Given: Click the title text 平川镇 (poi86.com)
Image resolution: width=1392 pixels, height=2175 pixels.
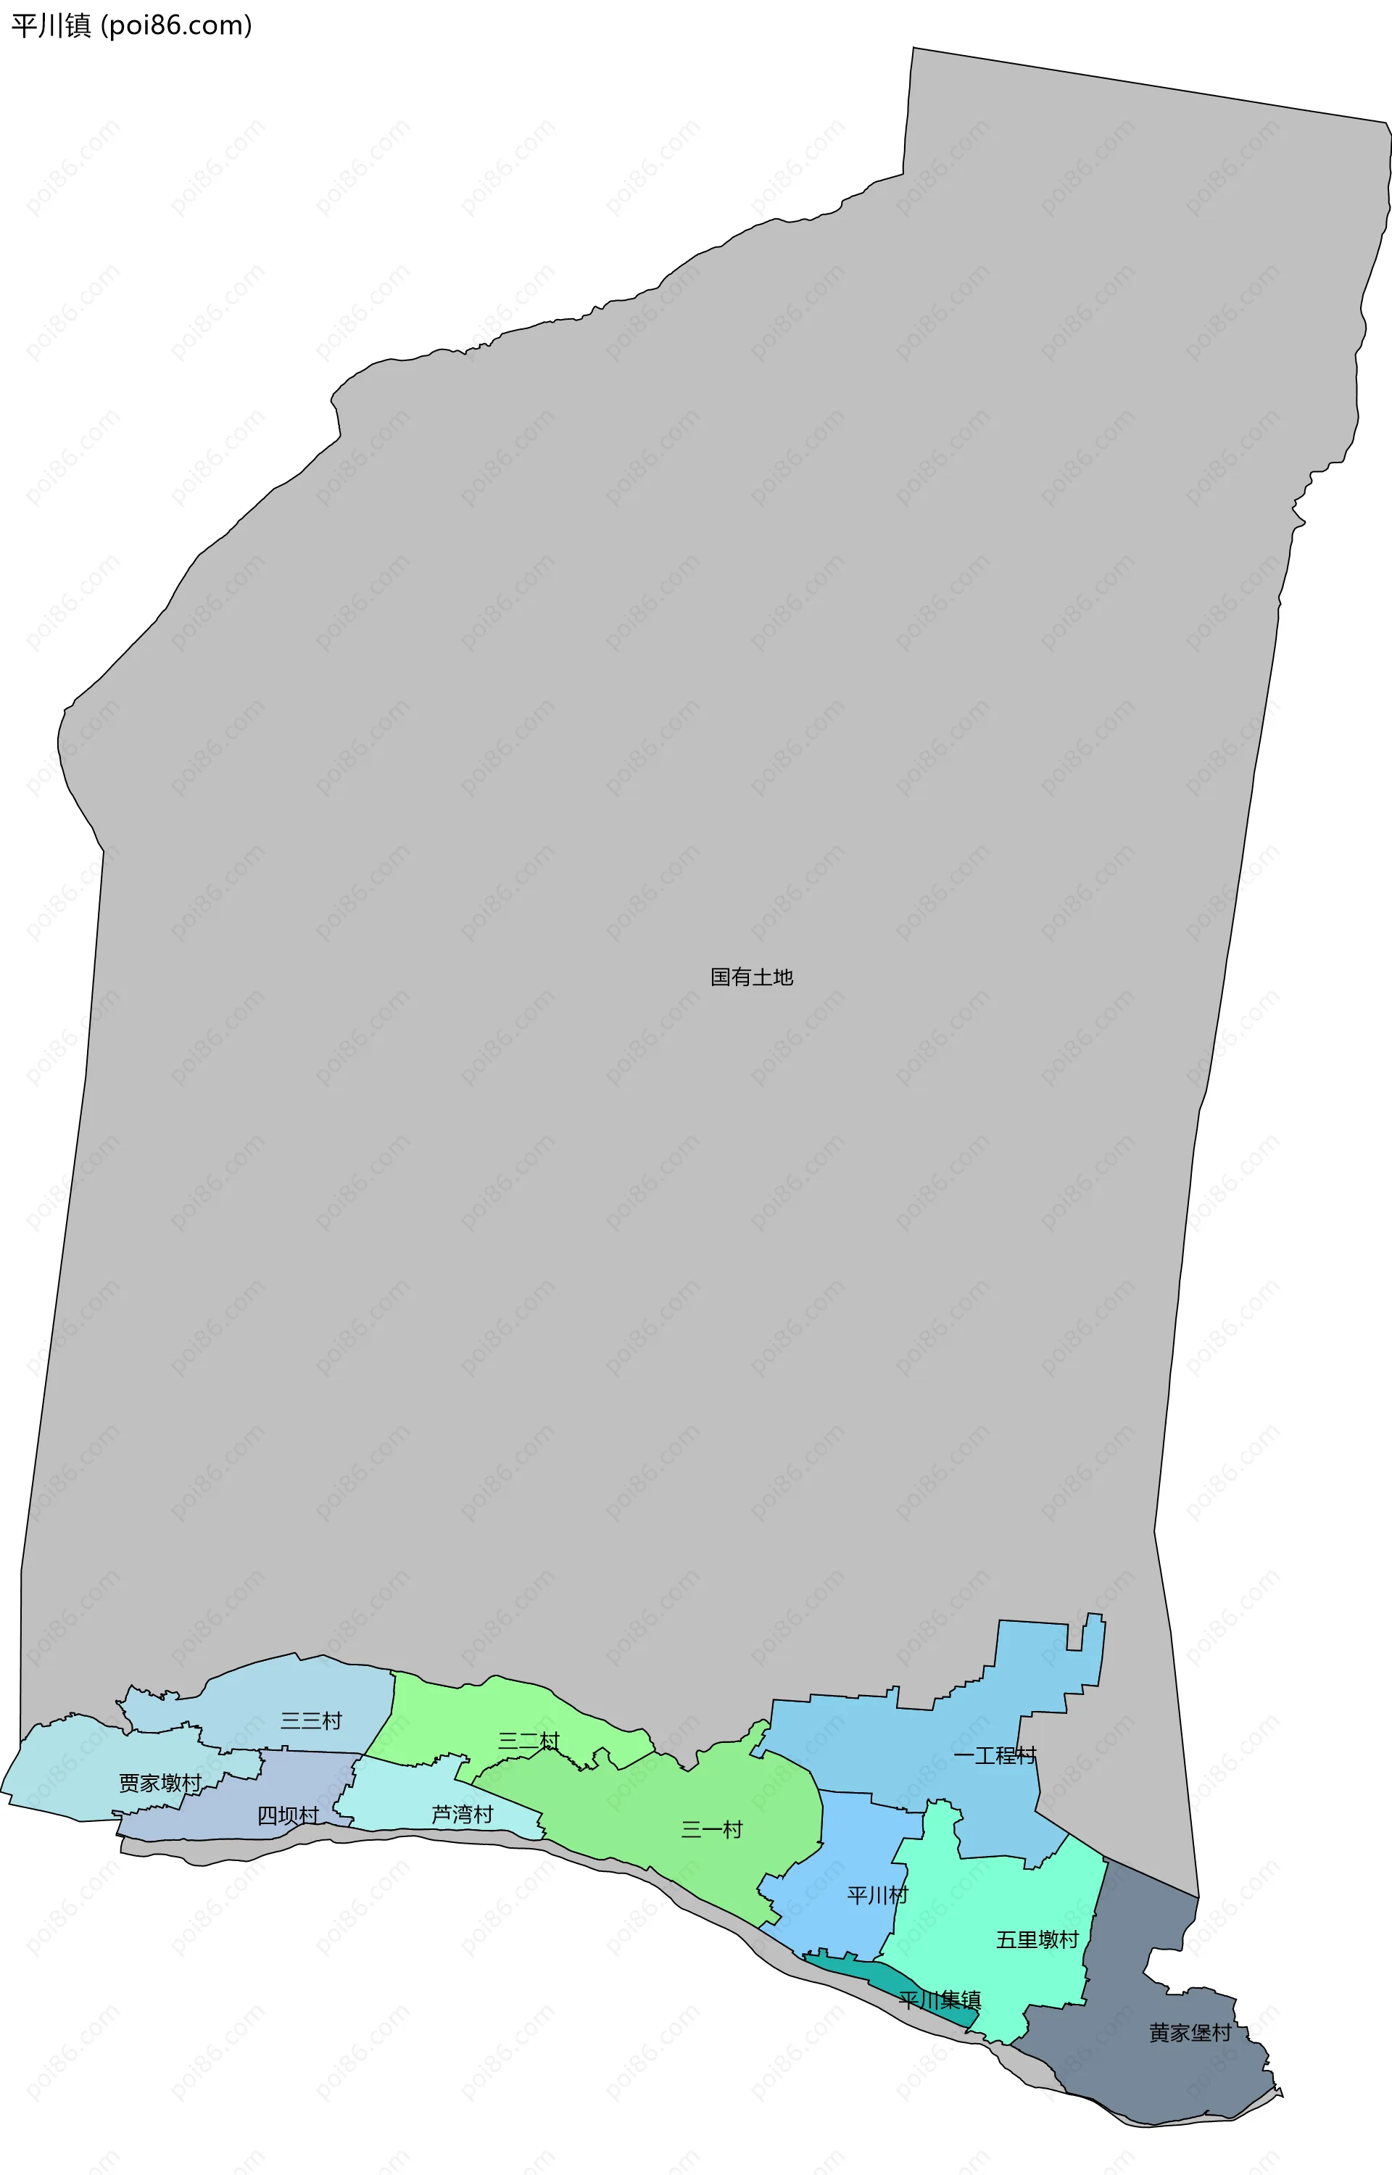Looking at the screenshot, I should pos(132,25).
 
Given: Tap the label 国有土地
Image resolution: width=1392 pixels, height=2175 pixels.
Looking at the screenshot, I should pos(751,977).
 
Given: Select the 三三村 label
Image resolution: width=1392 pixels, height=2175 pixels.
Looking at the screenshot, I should pos(311,1720).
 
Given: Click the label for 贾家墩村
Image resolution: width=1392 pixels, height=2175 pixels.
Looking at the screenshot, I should pos(160,1783).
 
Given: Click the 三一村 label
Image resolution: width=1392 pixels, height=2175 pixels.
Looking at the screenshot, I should pos(711,1830).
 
